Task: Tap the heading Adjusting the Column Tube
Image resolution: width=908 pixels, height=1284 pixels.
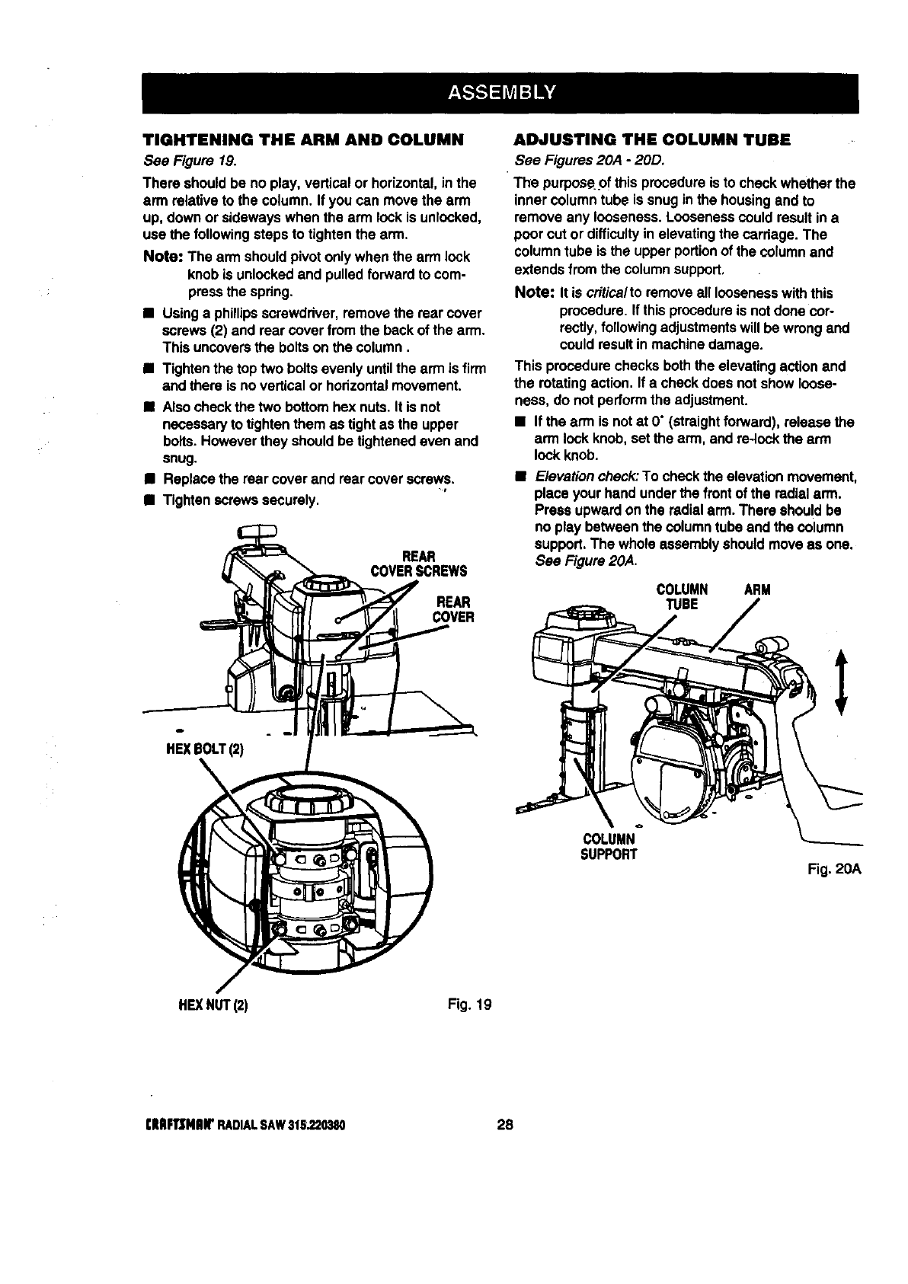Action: tap(653, 140)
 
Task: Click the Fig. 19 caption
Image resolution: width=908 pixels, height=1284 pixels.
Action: tap(472, 1004)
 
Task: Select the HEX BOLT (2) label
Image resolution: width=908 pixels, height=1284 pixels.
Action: tap(194, 749)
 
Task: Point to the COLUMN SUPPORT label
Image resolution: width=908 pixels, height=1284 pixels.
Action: tap(608, 846)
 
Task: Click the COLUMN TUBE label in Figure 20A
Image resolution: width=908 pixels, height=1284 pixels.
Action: tap(683, 596)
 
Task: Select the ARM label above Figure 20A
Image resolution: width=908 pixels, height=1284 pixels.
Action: tap(757, 589)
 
